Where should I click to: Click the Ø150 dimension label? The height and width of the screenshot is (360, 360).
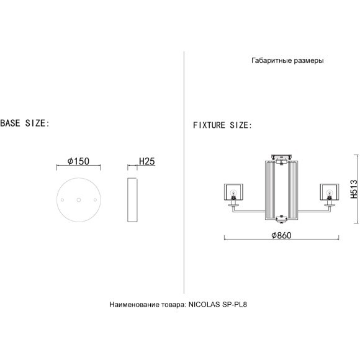(x=79, y=161)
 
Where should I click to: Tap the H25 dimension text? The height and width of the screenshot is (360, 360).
(x=147, y=161)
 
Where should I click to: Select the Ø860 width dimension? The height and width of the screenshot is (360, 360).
(x=281, y=235)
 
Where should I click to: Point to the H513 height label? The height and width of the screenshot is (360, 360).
(x=354, y=189)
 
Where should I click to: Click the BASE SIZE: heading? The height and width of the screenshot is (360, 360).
(x=25, y=124)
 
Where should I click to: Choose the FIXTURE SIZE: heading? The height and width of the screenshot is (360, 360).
(x=222, y=125)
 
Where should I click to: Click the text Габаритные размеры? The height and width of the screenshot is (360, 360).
(x=287, y=60)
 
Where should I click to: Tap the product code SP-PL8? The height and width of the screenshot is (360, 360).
(x=235, y=304)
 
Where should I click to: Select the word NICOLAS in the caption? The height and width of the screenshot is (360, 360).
(x=204, y=304)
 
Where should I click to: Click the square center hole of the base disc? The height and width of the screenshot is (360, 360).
(x=79, y=200)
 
